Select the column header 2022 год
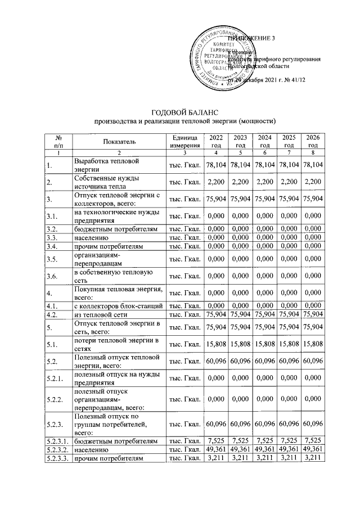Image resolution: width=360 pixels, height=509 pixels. point(215,142)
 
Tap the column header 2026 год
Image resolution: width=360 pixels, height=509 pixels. point(313,142)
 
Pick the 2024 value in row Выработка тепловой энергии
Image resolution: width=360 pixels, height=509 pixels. point(264,165)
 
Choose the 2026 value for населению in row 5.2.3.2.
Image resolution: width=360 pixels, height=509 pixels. point(313,451)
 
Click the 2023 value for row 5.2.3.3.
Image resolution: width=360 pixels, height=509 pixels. point(240,460)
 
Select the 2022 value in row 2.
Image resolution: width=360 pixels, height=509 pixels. point(216,181)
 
